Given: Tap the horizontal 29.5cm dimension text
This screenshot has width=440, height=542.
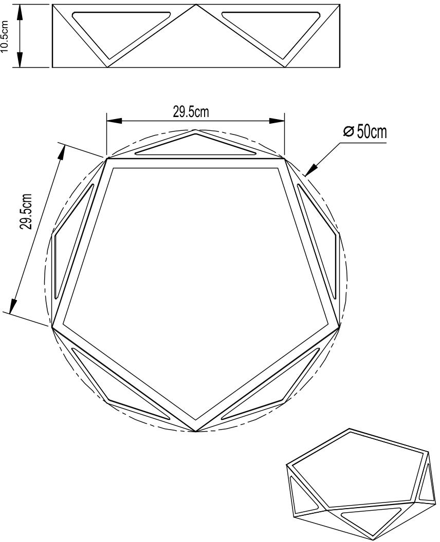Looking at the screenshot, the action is [191, 112].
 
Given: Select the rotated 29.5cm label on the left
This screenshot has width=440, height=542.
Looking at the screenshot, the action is [26, 211].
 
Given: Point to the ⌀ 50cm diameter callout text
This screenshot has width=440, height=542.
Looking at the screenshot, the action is [364, 131].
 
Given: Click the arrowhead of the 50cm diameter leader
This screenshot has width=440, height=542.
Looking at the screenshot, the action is [311, 170].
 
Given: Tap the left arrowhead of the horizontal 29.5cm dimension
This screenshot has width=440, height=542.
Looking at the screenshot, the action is [114, 121].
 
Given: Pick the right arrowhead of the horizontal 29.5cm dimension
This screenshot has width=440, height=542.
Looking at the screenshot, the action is [277, 121].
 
